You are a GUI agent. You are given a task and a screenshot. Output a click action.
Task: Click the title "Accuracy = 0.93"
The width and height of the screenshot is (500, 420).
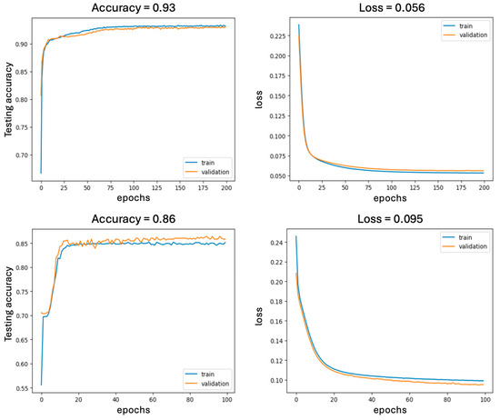click(x=134, y=7)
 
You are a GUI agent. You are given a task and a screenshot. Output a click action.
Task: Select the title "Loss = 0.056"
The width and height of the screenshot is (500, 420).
click(x=392, y=7)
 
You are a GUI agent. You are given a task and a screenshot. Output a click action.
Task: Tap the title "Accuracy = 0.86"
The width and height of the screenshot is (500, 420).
click(x=134, y=219)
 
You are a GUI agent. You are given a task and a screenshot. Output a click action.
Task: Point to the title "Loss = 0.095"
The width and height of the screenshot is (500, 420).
click(x=390, y=219)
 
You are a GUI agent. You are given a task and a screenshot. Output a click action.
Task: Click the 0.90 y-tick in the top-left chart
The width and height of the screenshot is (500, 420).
click(x=22, y=44)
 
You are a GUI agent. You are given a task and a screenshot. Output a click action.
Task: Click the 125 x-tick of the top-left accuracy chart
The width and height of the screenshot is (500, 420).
click(x=156, y=188)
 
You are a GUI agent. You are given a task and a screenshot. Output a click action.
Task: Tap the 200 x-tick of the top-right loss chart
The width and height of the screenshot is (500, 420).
click(x=484, y=188)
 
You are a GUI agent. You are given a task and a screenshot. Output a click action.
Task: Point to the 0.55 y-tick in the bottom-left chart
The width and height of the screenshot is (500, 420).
click(x=22, y=388)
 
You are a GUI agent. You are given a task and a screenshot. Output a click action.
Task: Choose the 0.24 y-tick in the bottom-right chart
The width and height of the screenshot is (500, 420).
click(x=276, y=243)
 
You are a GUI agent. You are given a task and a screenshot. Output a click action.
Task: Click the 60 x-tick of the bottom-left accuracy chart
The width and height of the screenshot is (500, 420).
click(x=153, y=400)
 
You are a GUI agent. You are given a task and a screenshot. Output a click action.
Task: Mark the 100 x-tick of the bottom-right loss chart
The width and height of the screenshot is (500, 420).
click(x=485, y=400)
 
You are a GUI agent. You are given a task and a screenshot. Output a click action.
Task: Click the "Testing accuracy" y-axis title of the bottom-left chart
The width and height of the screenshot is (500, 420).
click(x=8, y=304)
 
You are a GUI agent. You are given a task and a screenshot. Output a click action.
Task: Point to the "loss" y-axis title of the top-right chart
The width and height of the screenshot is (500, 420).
click(x=258, y=99)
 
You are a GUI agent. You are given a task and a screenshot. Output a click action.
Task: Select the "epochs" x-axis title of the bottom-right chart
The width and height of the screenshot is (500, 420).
click(x=390, y=410)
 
